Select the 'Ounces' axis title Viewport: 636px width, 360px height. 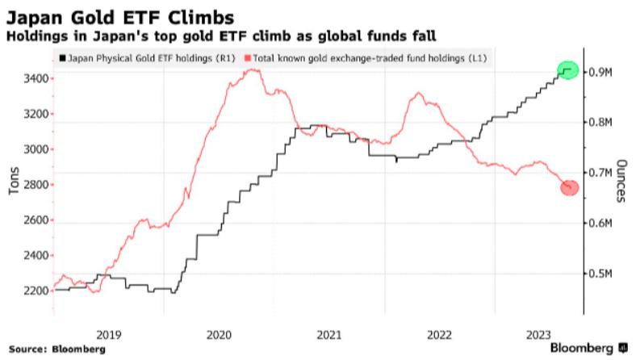coord(621,178)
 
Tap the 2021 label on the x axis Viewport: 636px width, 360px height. coord(328,333)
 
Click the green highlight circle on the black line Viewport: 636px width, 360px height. coord(568,70)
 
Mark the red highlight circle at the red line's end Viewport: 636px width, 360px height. coord(568,187)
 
